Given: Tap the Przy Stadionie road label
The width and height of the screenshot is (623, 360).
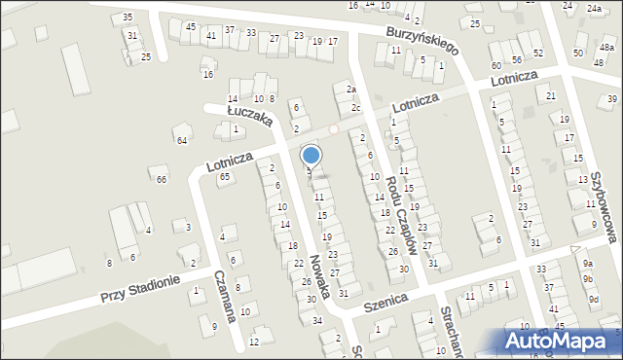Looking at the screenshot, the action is click(x=140, y=288).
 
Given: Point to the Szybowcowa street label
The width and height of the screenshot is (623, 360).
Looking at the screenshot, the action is click(x=605, y=203).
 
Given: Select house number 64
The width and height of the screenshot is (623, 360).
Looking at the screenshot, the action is click(x=181, y=141).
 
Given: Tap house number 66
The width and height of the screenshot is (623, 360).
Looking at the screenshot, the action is click(x=162, y=179).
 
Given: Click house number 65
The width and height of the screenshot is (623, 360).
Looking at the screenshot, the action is click(x=225, y=176).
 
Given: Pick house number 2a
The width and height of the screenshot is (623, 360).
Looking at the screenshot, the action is click(x=351, y=89).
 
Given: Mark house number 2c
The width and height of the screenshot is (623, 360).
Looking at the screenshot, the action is click(x=356, y=108).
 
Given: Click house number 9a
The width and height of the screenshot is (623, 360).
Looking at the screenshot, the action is click(x=587, y=264).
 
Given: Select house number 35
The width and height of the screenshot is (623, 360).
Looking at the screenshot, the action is click(x=128, y=18).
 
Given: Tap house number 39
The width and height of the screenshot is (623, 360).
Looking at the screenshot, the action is click(x=612, y=99).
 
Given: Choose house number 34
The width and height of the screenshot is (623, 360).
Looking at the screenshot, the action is click(x=316, y=319).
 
